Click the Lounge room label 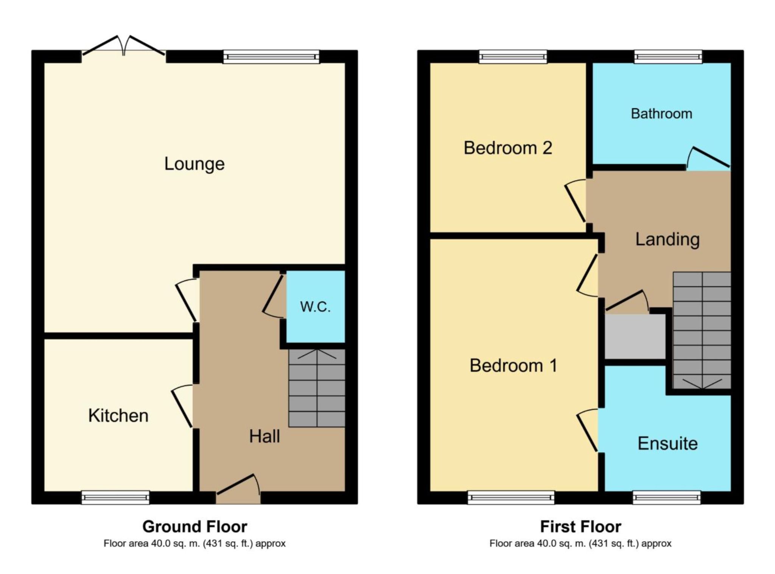194,164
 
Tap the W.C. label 315,306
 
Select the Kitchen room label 118,415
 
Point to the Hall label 265,436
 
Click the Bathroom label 661,114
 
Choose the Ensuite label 668,443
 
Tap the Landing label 667,239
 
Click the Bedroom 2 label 508,148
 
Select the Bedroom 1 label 513,366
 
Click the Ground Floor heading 195,526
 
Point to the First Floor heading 580,526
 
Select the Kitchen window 115,497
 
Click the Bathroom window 668,57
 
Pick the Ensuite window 666,497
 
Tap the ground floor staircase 317,388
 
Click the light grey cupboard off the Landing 635,336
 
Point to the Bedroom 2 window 513,57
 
